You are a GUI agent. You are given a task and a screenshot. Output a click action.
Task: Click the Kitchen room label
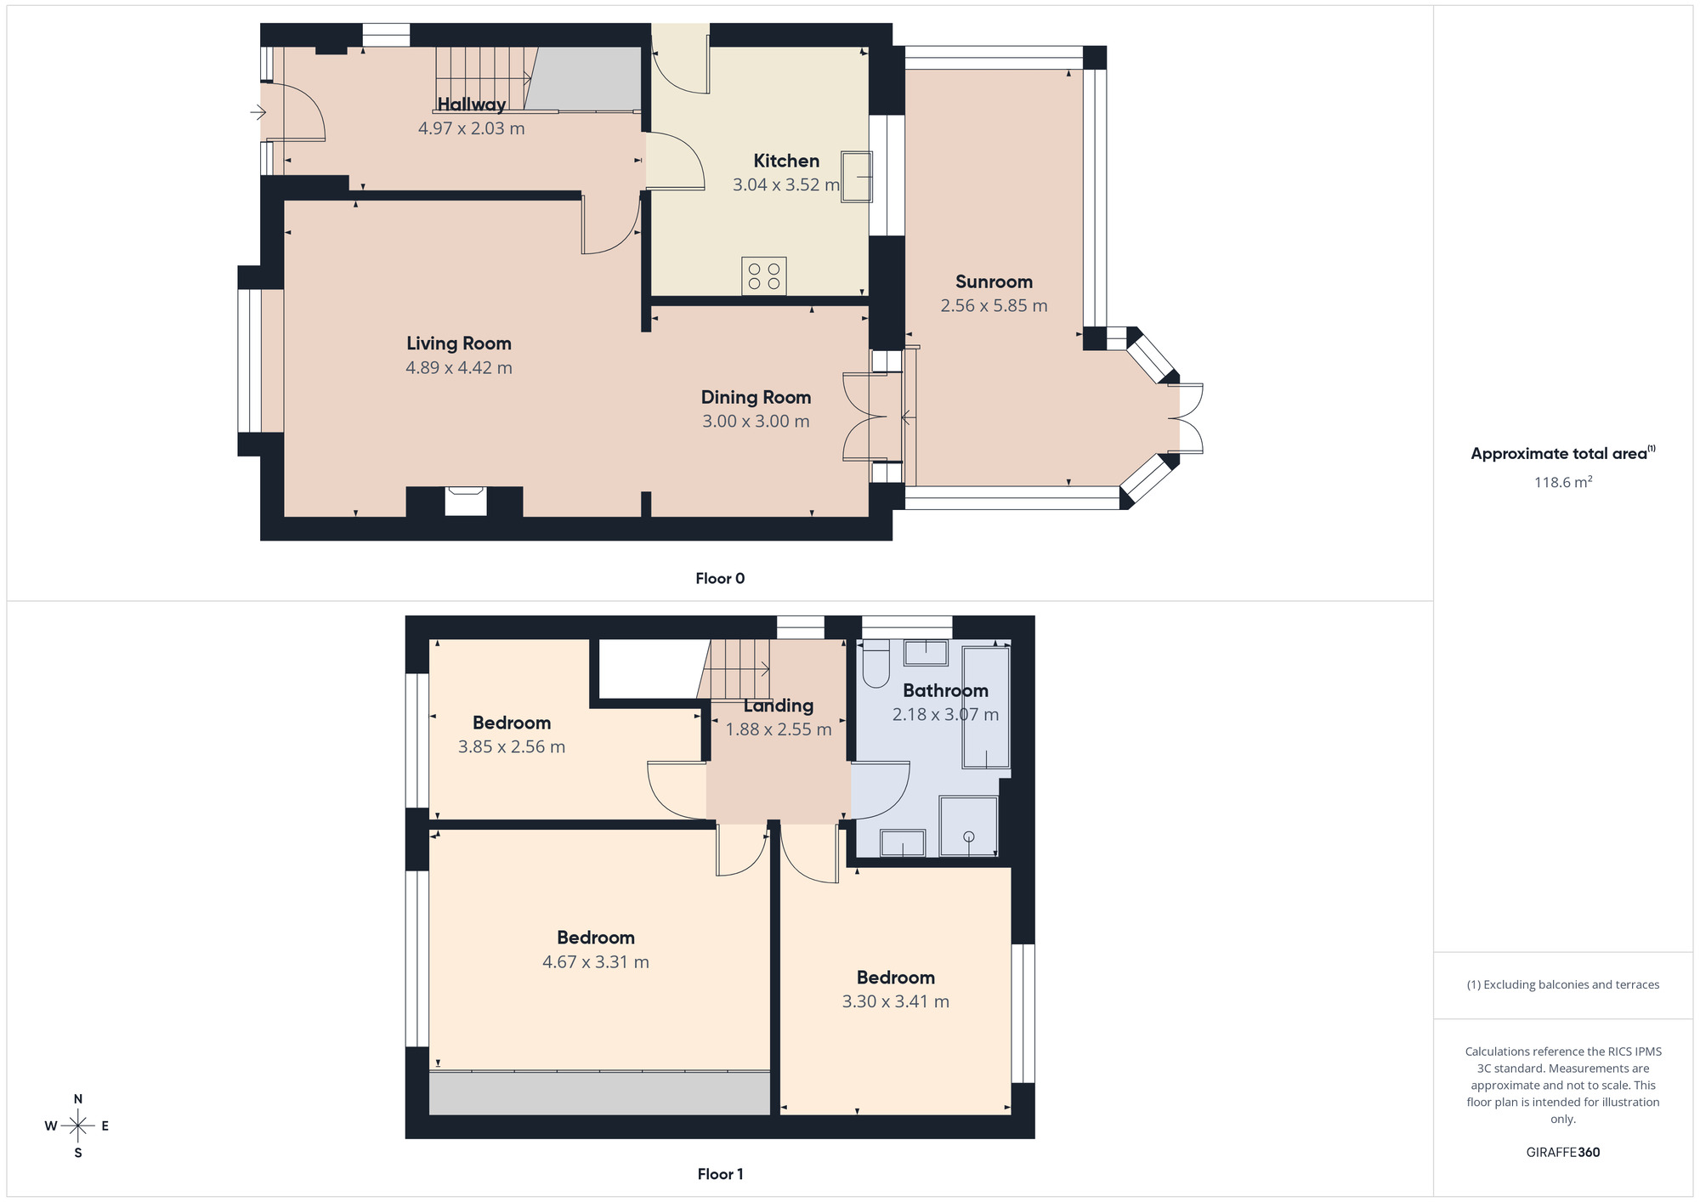(x=786, y=161)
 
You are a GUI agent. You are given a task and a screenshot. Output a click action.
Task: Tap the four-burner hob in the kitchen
(x=763, y=276)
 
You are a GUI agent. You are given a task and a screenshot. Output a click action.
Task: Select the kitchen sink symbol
(x=857, y=177)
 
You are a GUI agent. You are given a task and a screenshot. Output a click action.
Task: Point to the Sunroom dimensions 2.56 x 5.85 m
(x=994, y=306)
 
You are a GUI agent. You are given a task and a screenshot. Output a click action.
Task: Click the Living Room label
(x=459, y=343)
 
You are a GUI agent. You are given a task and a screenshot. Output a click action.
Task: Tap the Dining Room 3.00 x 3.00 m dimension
(x=756, y=422)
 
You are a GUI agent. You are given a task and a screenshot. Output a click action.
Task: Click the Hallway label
(x=471, y=105)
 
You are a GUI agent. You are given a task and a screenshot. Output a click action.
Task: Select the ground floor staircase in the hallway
(x=484, y=78)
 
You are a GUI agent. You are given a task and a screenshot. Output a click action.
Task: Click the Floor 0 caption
(x=720, y=579)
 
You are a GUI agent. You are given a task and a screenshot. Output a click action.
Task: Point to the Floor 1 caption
(x=720, y=1175)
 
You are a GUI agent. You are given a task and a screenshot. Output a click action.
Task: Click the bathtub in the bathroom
(x=986, y=707)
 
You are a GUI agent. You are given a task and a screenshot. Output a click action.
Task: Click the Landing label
(x=779, y=706)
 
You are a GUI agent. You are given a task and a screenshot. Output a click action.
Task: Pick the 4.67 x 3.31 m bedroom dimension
(x=596, y=962)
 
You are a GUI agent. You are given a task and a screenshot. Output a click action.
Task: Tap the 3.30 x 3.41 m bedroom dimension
(x=895, y=1002)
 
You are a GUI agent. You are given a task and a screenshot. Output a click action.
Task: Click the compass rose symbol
(x=78, y=1126)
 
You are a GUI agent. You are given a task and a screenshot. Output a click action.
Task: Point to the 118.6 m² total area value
(x=1562, y=483)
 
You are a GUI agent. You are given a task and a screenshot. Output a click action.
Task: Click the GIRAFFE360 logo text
(x=1562, y=1153)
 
